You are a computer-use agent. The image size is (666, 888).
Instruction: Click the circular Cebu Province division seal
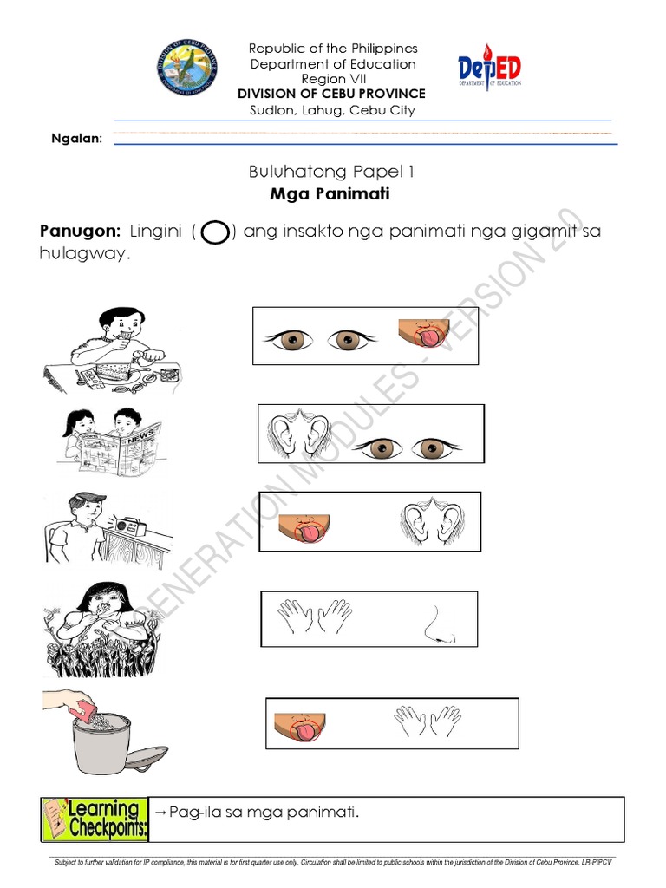pyautogui.click(x=188, y=66)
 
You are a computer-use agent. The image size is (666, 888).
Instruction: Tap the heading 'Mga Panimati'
pyautogui.click(x=330, y=194)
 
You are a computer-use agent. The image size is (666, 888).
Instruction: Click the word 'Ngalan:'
pyautogui.click(x=77, y=138)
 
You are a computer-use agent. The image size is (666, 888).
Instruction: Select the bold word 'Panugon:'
pyautogui.click(x=80, y=232)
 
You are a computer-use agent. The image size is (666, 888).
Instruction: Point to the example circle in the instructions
pyautogui.click(x=214, y=233)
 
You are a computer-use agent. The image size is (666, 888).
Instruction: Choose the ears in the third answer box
pyautogui.click(x=428, y=520)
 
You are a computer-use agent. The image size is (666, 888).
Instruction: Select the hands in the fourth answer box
pyautogui.click(x=314, y=618)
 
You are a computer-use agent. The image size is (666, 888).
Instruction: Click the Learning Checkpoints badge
pyautogui.click(x=95, y=819)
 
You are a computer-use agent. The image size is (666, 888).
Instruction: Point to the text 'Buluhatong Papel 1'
pyautogui.click(x=330, y=172)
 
